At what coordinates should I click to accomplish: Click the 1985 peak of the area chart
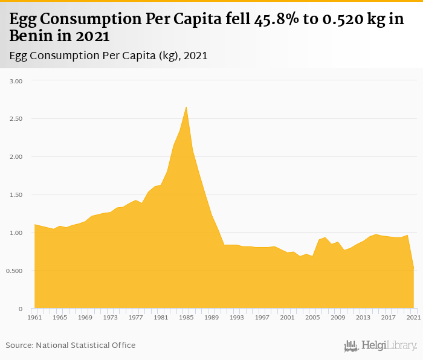tap(186, 107)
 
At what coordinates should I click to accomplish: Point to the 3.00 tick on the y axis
tap(16, 80)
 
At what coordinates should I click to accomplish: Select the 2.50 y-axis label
tap(16, 118)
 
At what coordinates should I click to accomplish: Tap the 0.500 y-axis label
tap(15, 271)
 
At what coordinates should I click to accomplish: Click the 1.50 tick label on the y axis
tap(16, 194)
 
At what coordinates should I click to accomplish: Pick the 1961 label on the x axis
tap(34, 317)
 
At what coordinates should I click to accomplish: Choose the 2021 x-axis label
tap(413, 317)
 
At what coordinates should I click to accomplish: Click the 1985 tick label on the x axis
tap(186, 317)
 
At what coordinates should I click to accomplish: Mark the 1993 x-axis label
tap(236, 317)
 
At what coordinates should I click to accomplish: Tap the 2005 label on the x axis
tap(312, 317)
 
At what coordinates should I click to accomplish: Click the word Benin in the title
tap(28, 36)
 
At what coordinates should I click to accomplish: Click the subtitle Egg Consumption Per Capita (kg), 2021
tap(109, 56)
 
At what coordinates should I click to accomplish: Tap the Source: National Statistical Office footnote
tap(71, 345)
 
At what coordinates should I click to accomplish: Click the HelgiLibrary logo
tap(380, 346)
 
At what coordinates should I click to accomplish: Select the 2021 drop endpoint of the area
tap(413, 269)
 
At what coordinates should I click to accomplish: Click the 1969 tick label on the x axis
tap(85, 317)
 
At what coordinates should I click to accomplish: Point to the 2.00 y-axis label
tap(16, 156)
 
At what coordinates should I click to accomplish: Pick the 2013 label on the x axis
tap(363, 317)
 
